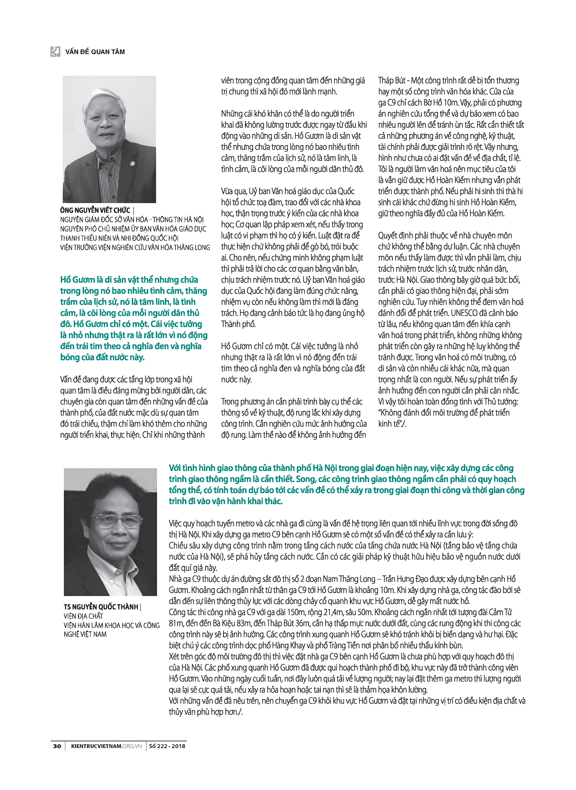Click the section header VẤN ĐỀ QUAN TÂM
point(95,52)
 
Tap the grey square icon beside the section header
point(55,51)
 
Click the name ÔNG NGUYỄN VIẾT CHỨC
point(95,210)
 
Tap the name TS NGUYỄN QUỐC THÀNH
point(101,607)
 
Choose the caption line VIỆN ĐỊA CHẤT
point(83,616)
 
